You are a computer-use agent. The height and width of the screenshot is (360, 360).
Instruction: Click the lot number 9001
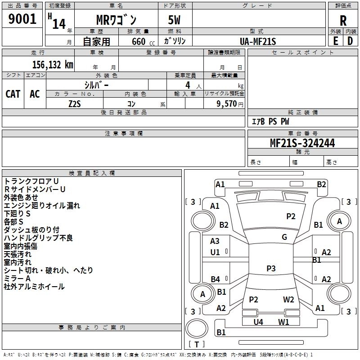coord(22,19)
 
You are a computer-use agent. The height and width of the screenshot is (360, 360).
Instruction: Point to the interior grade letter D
coord(350,40)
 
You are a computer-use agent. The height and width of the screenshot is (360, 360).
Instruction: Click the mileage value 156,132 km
coord(52,64)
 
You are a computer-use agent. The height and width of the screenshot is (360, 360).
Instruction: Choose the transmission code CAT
coord(13,94)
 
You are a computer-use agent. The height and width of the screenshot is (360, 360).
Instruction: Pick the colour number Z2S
coord(75,103)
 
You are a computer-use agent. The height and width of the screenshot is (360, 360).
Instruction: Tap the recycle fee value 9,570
coord(227,103)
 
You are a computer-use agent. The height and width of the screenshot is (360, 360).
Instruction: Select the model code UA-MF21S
coord(258,41)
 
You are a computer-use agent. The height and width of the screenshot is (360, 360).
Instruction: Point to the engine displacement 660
coord(138,41)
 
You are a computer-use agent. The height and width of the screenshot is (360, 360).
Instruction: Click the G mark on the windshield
coord(284,237)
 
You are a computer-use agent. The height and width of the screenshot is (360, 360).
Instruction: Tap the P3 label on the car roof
coord(270,269)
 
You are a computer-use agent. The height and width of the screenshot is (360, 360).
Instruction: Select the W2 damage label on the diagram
coord(288,300)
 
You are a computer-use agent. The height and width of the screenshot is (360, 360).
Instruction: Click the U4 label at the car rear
coord(258,322)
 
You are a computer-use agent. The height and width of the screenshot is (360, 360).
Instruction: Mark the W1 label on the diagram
coord(283,322)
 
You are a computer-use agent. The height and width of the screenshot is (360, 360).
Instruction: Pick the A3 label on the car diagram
coord(215,241)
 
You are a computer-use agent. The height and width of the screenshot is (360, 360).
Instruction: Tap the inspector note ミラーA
coord(17,279)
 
